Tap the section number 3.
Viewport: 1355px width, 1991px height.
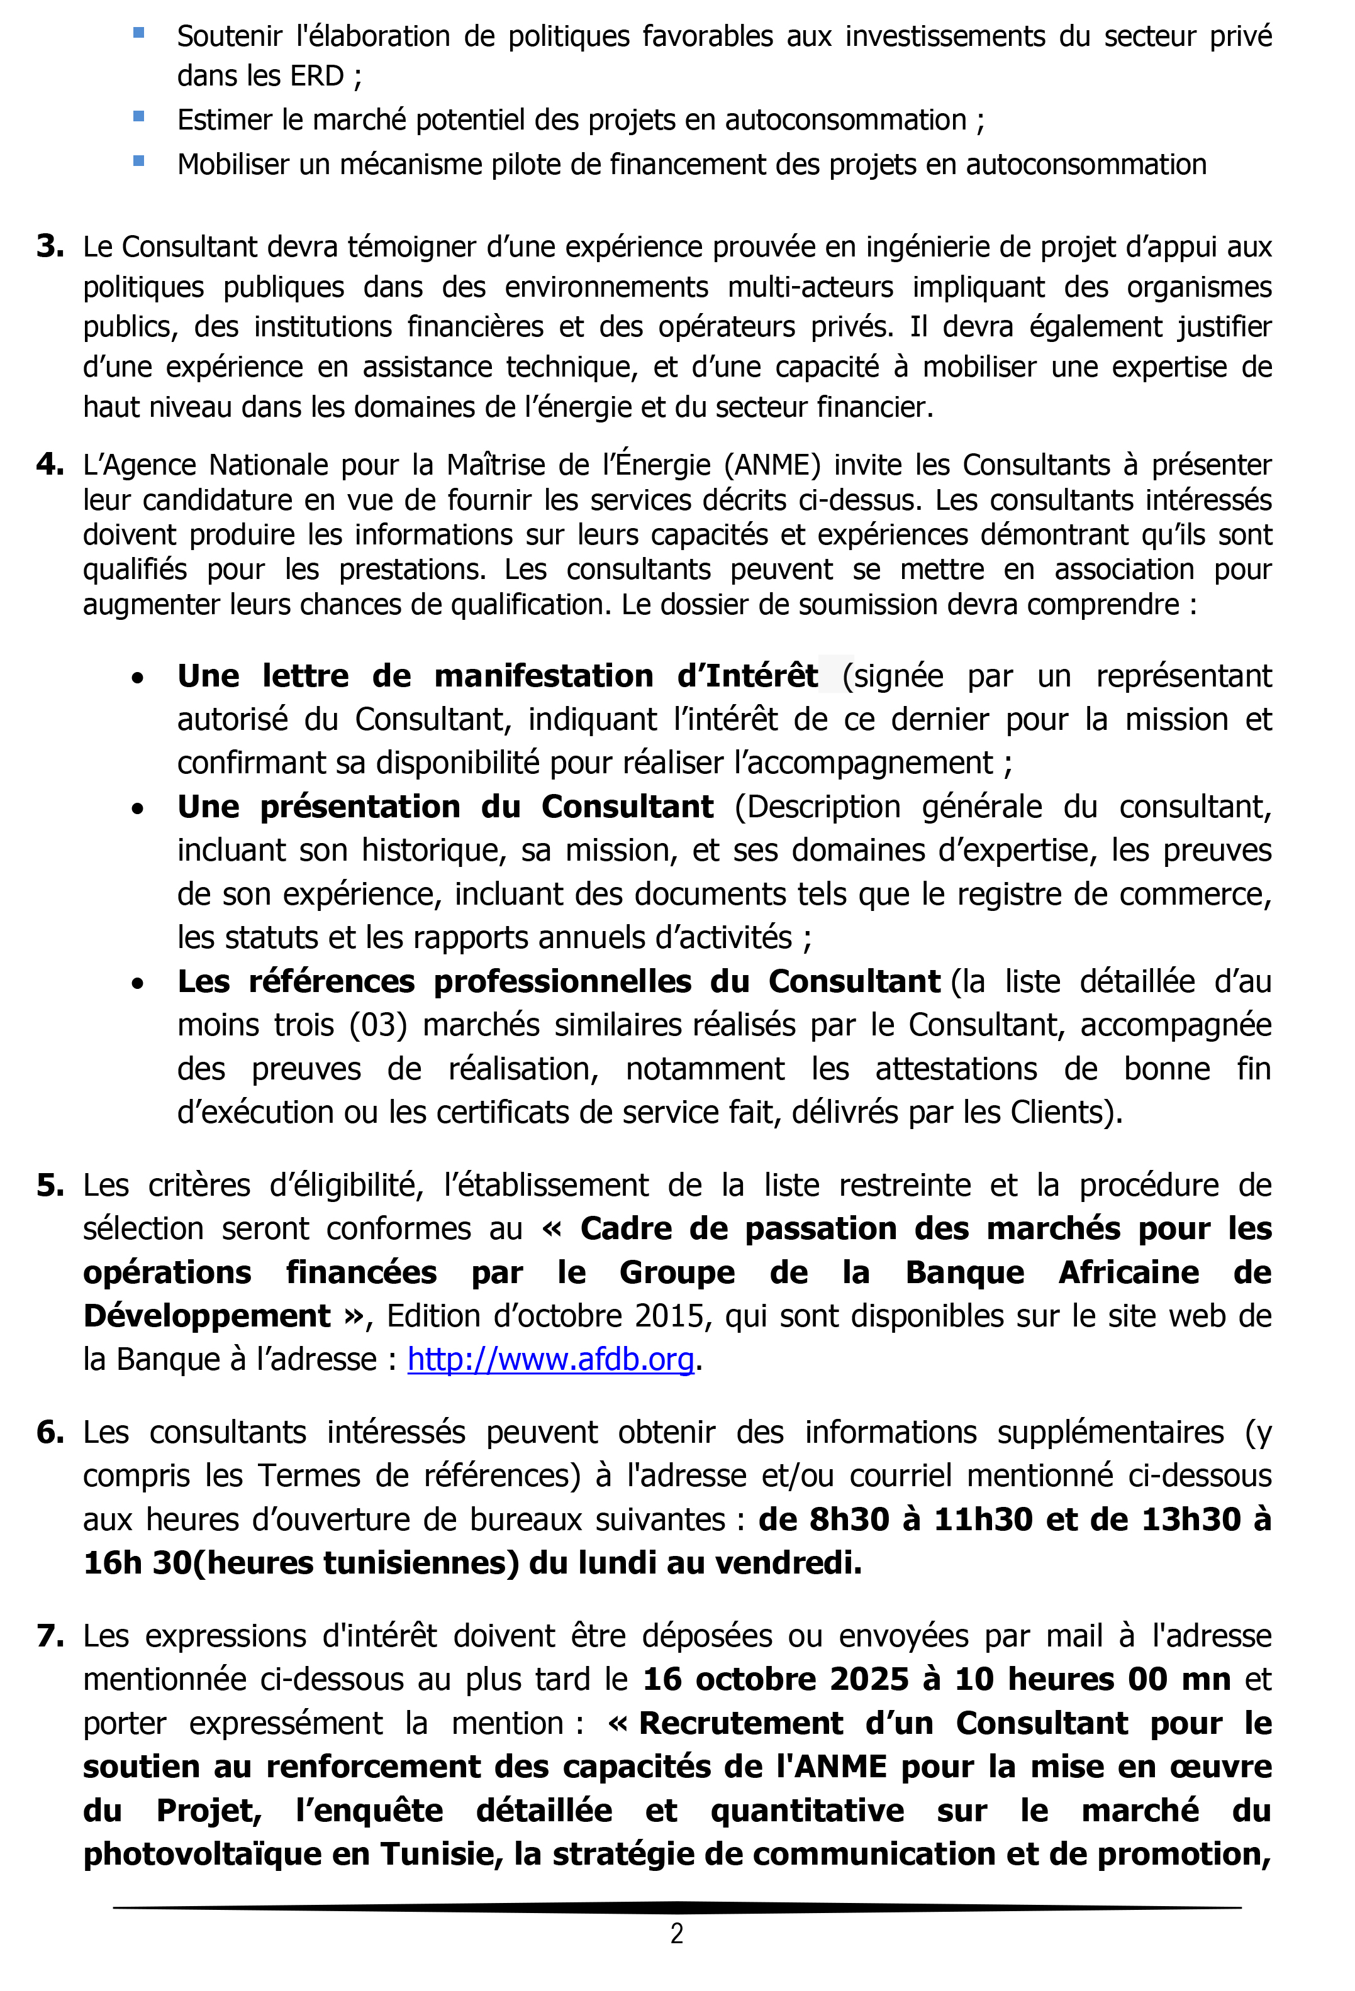[x=50, y=246]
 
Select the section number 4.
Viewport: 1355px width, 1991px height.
[x=50, y=465]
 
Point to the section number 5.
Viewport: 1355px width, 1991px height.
[x=50, y=1186]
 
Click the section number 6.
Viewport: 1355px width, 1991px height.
[x=50, y=1432]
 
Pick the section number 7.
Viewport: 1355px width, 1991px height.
[x=50, y=1636]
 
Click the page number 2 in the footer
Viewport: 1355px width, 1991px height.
[x=676, y=1934]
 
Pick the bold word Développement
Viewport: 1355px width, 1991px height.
[x=206, y=1316]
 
